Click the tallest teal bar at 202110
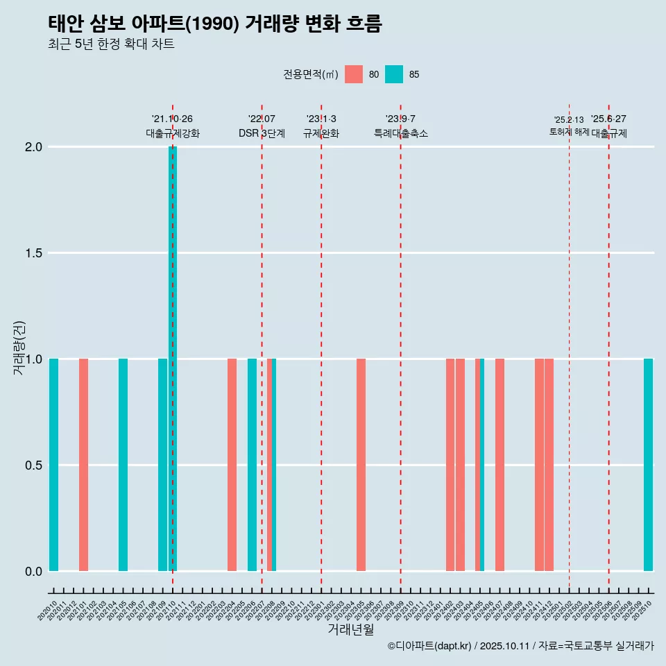(x=173, y=358)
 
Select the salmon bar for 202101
(x=83, y=465)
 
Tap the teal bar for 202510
(x=648, y=465)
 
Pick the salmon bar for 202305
(x=361, y=465)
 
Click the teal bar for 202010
(x=53, y=465)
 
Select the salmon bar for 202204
(x=232, y=465)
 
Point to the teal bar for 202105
(x=123, y=465)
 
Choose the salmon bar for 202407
(x=499, y=465)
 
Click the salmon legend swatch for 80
(x=354, y=74)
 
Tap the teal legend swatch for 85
(x=394, y=74)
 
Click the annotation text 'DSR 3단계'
(x=262, y=133)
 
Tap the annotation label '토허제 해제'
(x=569, y=132)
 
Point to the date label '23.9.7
(x=400, y=119)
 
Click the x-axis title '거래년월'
(x=350, y=629)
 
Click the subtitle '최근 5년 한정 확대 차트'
(x=111, y=44)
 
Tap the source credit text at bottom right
(x=520, y=647)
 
